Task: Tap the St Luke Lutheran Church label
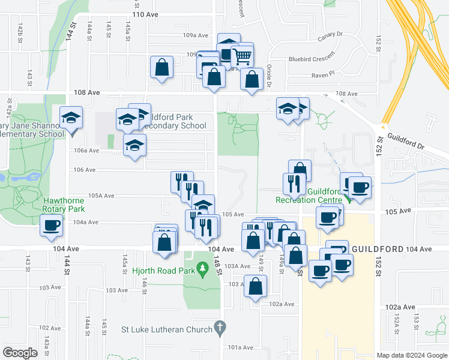point(167,329)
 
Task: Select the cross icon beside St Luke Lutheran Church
point(220,328)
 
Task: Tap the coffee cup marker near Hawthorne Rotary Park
point(52,226)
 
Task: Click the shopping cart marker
point(243,56)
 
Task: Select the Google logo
point(20,353)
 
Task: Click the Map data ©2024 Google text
point(412,355)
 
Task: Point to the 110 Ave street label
point(144,14)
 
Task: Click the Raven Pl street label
point(324,76)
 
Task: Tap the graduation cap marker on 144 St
point(71,117)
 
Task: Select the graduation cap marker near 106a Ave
point(134,145)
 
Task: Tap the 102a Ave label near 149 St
point(282,304)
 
